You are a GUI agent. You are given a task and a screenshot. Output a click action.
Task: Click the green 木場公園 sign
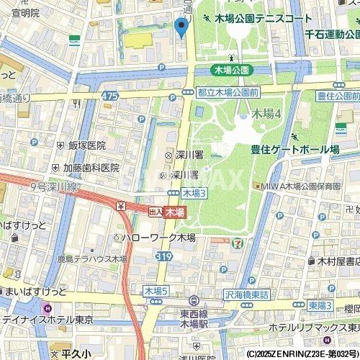click(x=232, y=70)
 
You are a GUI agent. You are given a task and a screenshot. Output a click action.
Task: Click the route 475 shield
click(x=109, y=96)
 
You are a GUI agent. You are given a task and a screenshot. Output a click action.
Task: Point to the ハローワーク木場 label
click(x=156, y=237)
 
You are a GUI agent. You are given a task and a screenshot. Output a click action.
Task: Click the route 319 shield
click(x=165, y=256)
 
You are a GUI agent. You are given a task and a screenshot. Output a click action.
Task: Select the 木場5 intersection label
click(x=156, y=290)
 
